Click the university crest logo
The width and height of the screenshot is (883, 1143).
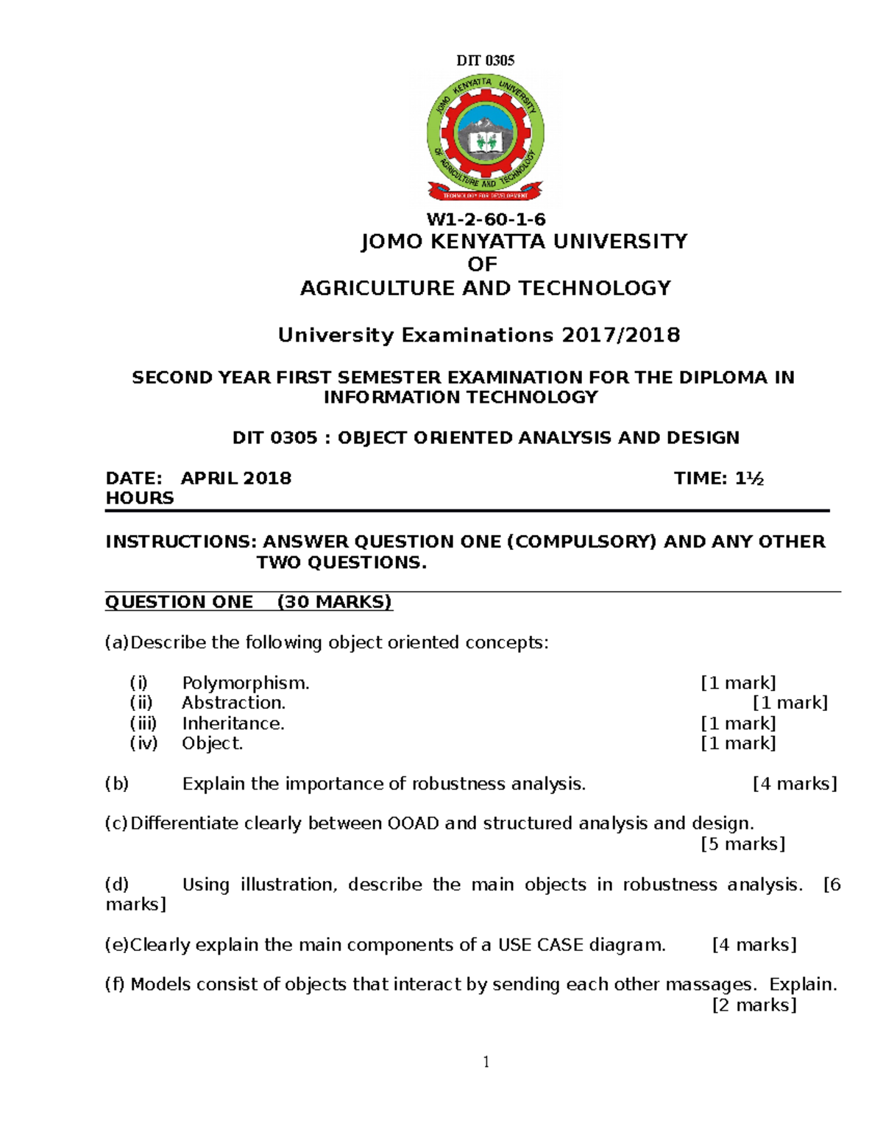coord(486,139)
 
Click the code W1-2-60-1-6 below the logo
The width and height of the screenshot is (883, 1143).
coord(486,219)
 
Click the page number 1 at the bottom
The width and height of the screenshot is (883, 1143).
coord(486,1061)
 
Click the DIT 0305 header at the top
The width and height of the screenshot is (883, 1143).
coord(486,60)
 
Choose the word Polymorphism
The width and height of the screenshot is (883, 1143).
coord(246,683)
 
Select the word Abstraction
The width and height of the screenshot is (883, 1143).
coord(233,703)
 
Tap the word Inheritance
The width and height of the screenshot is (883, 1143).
coord(233,723)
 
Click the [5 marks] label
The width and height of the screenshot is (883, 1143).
coord(742,843)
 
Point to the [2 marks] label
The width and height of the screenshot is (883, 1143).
coord(754,1005)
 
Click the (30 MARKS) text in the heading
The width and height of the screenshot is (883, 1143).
coord(335,602)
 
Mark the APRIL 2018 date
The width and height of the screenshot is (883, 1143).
coord(236,478)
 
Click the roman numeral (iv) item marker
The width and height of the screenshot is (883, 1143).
coord(143,743)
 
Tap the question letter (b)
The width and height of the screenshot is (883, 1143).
coord(117,784)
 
